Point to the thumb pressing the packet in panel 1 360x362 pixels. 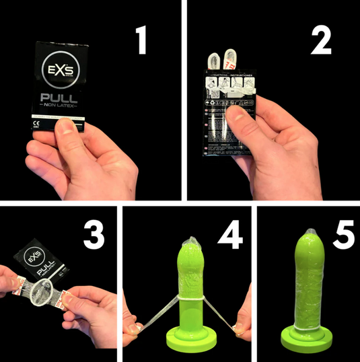pyautogui.click(x=65, y=128)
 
